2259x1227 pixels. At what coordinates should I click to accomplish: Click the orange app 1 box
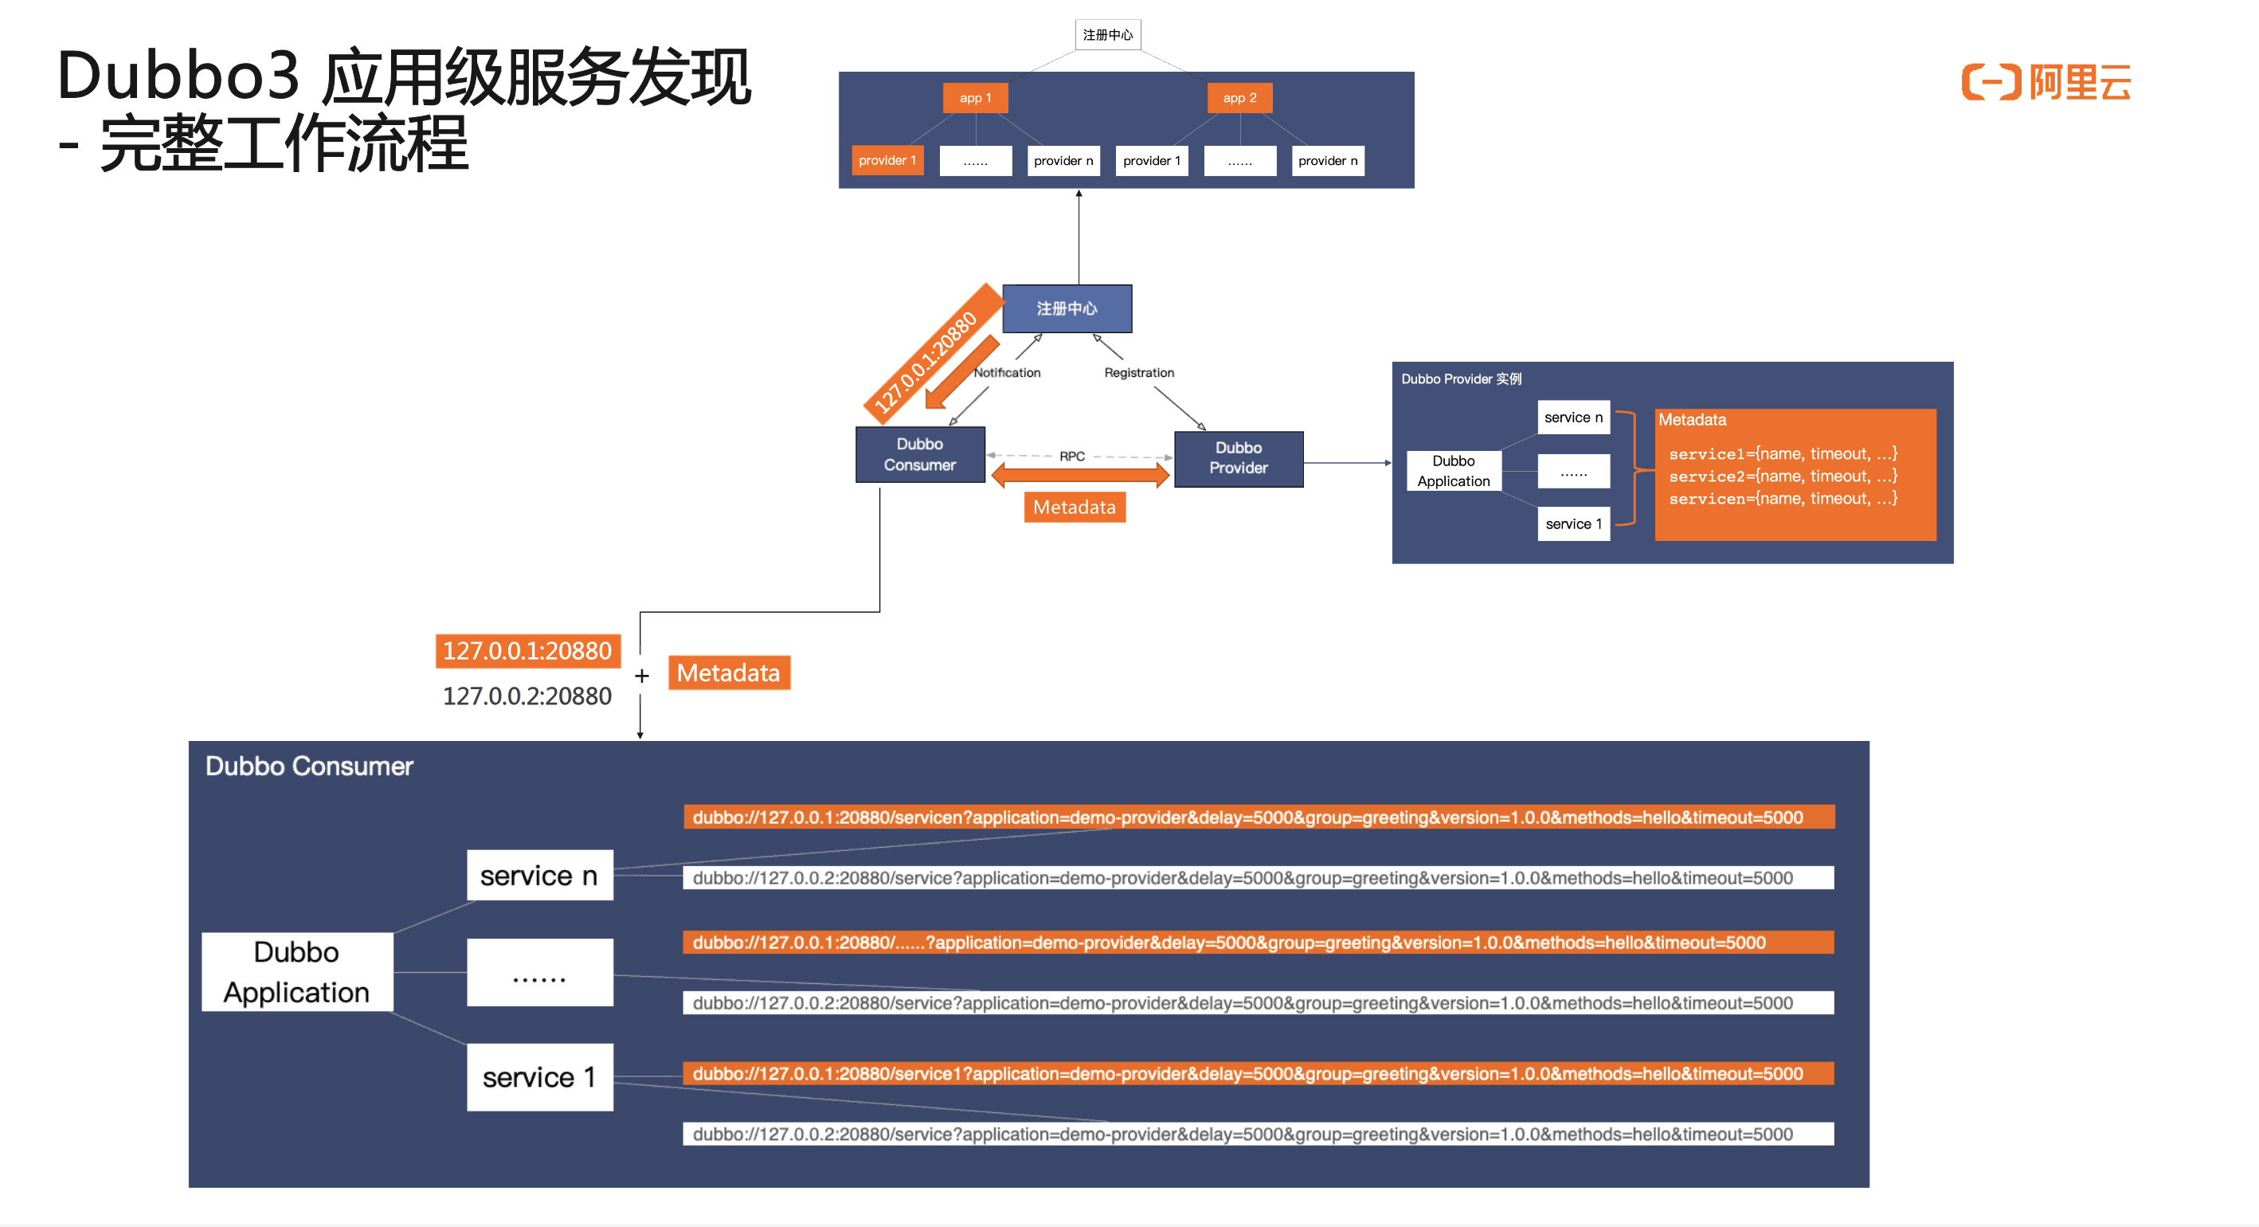974,98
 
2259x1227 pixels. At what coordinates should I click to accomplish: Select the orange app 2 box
1239,98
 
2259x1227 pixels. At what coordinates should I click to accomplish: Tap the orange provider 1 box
887,160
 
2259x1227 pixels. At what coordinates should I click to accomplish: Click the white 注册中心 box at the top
1106,35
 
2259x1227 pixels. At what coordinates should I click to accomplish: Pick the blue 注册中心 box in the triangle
1067,308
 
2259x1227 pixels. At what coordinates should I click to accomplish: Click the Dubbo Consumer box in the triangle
919,454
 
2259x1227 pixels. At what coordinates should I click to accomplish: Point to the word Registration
1138,373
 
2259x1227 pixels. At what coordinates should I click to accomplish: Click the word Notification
1007,373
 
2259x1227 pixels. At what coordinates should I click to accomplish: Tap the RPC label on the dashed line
1071,456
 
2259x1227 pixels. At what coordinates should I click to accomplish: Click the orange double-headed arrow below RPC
1079,476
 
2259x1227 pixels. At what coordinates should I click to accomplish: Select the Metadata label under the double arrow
1075,507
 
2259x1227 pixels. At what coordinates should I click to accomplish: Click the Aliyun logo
2045,82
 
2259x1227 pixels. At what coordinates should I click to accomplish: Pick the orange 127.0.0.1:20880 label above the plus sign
527,651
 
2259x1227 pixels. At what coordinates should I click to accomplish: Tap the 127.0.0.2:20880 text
527,696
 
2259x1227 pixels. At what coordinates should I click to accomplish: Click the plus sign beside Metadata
642,676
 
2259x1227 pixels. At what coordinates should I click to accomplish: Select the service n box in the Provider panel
1573,417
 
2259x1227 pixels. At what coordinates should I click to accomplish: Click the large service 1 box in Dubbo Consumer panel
539,1077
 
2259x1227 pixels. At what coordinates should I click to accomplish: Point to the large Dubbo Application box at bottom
296,972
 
